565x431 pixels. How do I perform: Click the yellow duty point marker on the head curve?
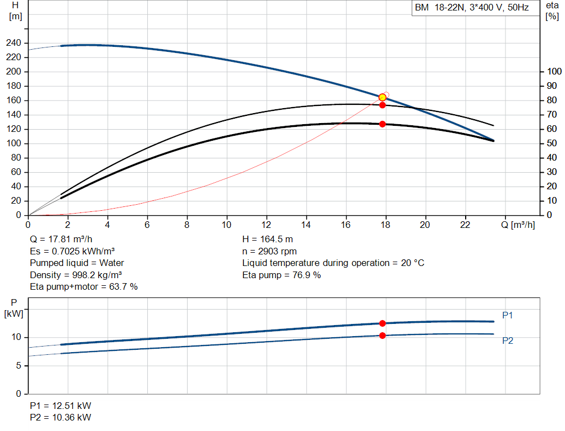coord(382,97)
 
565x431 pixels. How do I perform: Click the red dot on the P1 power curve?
coord(382,323)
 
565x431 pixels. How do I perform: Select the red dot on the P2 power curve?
coord(382,336)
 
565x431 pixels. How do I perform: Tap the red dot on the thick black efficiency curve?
coord(382,124)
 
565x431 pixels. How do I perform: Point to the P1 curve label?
coord(508,315)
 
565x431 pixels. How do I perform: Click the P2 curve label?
coord(508,340)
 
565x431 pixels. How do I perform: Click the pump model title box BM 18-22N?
coord(476,8)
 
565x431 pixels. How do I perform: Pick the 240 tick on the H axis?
coord(14,43)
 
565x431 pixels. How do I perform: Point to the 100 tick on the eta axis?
coord(554,71)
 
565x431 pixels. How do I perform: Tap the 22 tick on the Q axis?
coord(465,225)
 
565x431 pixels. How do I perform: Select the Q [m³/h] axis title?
coord(518,225)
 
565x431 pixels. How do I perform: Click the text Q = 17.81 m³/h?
coord(61,240)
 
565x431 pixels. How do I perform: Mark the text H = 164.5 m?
coord(268,240)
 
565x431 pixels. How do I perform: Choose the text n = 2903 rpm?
coord(269,251)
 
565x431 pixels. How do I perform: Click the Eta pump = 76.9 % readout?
coord(281,275)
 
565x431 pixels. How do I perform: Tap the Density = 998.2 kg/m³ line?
coord(76,275)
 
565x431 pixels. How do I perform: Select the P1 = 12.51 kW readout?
coord(61,406)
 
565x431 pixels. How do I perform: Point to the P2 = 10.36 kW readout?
coord(61,417)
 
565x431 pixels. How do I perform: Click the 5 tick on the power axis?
coord(19,365)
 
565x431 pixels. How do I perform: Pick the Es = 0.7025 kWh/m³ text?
coord(72,251)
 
